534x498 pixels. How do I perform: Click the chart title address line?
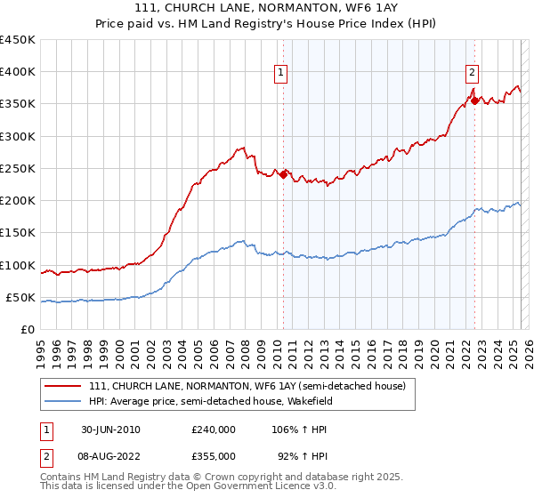click(x=267, y=8)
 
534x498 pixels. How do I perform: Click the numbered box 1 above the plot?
click(x=281, y=74)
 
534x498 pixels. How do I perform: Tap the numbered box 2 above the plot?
click(x=472, y=74)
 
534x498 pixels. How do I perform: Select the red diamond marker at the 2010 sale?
click(x=284, y=174)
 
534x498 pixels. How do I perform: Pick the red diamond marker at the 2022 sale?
click(x=475, y=100)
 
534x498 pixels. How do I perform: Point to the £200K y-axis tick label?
click(x=18, y=201)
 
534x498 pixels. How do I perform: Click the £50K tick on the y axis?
click(x=21, y=297)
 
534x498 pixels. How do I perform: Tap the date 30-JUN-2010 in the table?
click(x=110, y=429)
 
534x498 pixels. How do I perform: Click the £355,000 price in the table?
click(x=214, y=454)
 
